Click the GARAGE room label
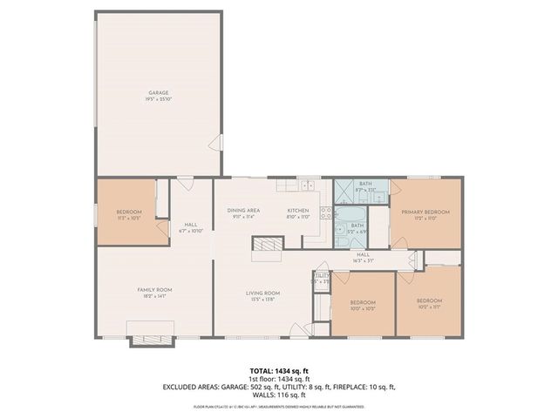[x=158, y=92]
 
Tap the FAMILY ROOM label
[x=154, y=289]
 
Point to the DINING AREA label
[x=241, y=211]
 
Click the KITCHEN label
[x=298, y=211]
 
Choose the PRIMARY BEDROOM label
[x=425, y=212]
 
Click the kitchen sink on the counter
[x=308, y=186]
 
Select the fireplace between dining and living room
[x=267, y=250]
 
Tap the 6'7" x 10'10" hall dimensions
[x=190, y=232]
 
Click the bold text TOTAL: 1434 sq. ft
[x=279, y=370]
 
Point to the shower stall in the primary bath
[x=346, y=190]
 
